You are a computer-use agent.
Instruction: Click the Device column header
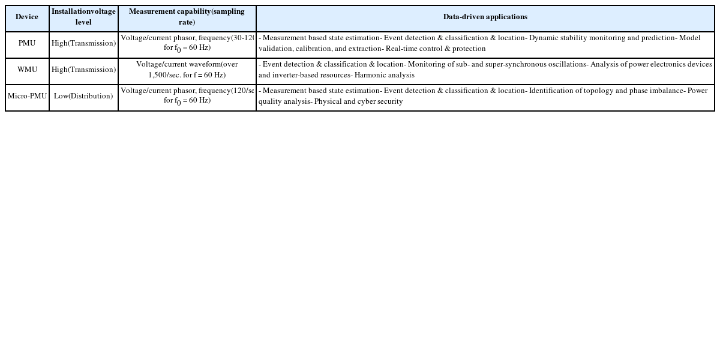tap(27, 17)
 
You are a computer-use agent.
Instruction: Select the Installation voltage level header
tap(83, 17)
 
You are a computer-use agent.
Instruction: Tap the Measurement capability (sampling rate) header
tap(187, 17)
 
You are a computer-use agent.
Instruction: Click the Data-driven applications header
tap(485, 17)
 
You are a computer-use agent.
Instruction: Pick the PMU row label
tap(27, 44)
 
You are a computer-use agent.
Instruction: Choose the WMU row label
tap(27, 70)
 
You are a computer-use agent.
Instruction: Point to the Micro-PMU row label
tap(27, 97)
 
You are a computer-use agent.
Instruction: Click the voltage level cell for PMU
tap(83, 44)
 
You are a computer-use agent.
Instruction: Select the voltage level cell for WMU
tap(83, 70)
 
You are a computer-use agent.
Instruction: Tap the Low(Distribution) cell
tap(83, 97)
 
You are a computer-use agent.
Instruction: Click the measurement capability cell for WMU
tap(187, 70)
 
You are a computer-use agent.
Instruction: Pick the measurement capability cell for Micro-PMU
tap(187, 96)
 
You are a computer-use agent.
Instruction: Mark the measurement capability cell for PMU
tap(187, 43)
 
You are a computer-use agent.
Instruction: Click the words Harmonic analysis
tap(384, 76)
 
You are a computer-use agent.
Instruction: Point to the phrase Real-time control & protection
tap(436, 49)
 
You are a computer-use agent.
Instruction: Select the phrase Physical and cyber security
tap(358, 102)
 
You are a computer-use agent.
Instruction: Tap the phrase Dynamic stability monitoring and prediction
tap(602, 38)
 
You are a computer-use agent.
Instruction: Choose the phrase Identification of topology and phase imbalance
tap(607, 91)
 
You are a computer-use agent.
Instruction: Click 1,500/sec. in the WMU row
tap(164, 76)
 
